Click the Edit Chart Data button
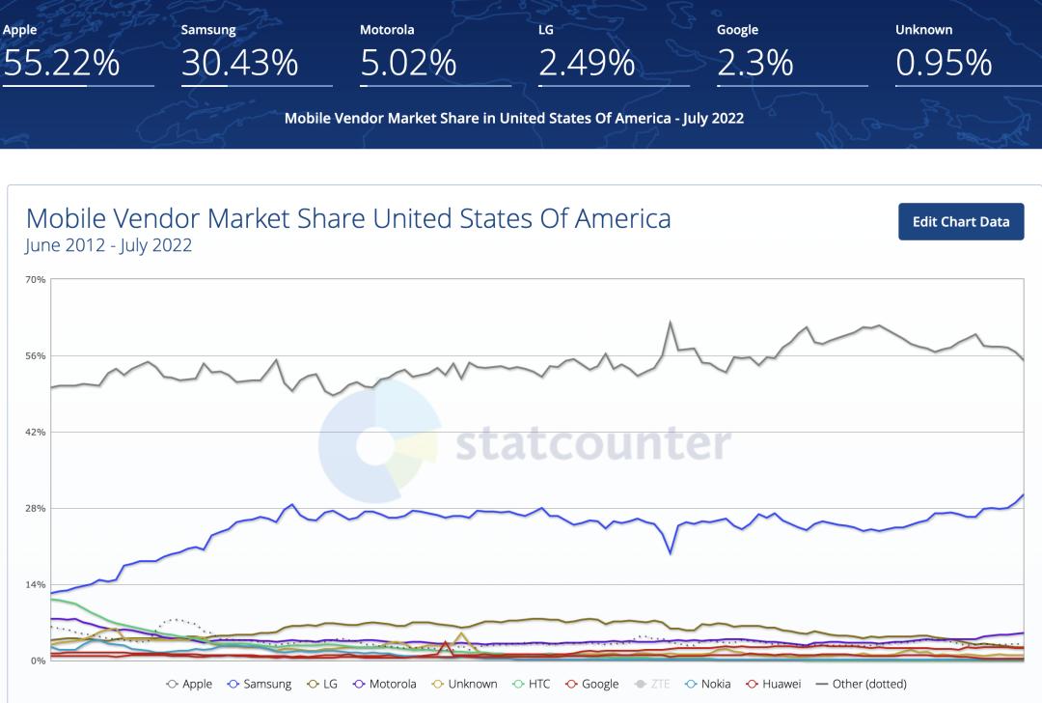pyautogui.click(x=961, y=221)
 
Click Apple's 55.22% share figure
pyautogui.click(x=61, y=63)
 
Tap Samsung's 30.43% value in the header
pyautogui.click(x=240, y=63)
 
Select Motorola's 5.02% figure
pyautogui.click(x=408, y=63)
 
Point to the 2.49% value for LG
pyautogui.click(x=587, y=63)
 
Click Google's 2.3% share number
pyautogui.click(x=755, y=63)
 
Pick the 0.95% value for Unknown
pyautogui.click(x=944, y=63)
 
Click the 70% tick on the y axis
pyautogui.click(x=36, y=280)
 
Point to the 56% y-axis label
pyautogui.click(x=36, y=356)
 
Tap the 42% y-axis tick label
pyautogui.click(x=36, y=433)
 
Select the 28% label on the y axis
pyautogui.click(x=36, y=509)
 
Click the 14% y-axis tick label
pyautogui.click(x=36, y=585)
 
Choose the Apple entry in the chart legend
pyautogui.click(x=190, y=684)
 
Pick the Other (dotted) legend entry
pyautogui.click(x=862, y=684)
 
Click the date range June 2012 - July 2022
pyautogui.click(x=109, y=245)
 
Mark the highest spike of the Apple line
pyautogui.click(x=670, y=323)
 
